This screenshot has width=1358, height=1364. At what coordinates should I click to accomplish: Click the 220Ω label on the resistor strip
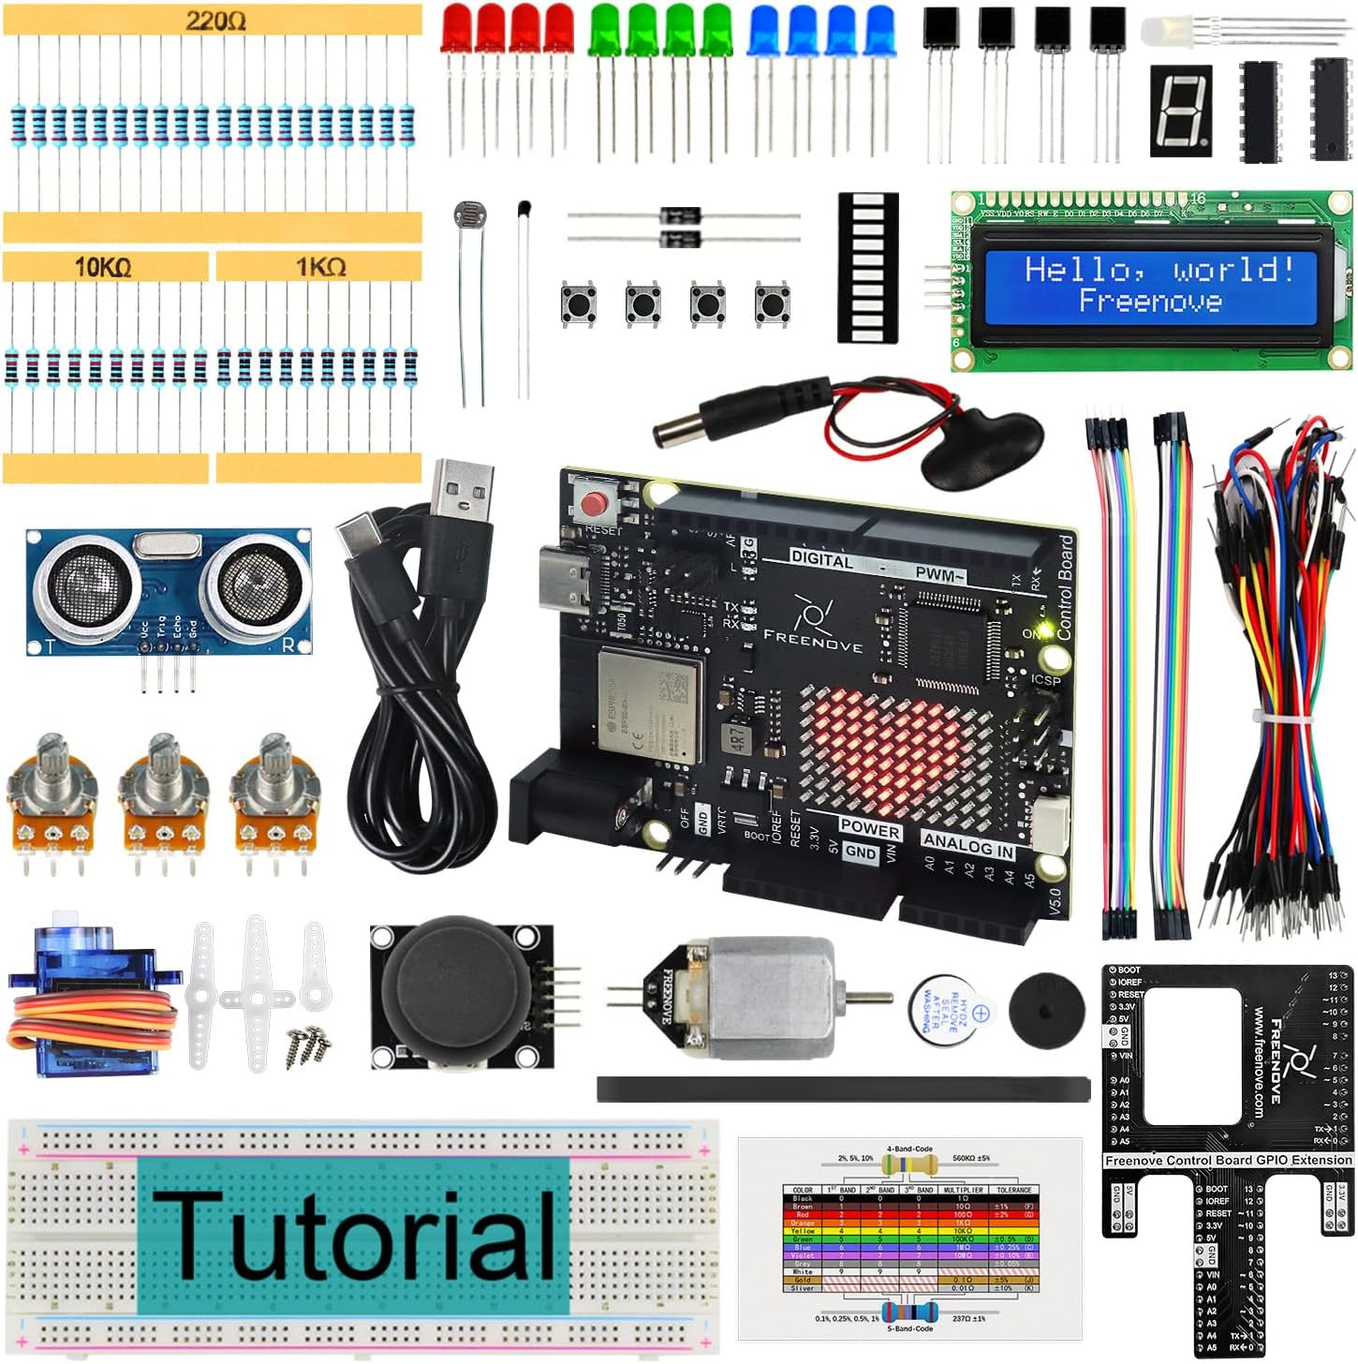click(x=215, y=21)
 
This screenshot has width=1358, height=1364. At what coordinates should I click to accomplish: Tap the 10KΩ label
click(x=103, y=268)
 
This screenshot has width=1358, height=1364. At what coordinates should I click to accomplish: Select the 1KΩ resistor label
click(x=320, y=268)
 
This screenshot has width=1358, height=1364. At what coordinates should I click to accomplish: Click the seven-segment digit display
click(x=1180, y=110)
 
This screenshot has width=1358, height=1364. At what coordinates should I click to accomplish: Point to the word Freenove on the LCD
click(x=1150, y=301)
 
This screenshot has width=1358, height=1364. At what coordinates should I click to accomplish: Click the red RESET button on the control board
click(x=594, y=504)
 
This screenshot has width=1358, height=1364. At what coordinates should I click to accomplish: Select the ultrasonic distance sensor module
click(x=169, y=590)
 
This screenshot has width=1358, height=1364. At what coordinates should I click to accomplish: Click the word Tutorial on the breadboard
click(x=354, y=1235)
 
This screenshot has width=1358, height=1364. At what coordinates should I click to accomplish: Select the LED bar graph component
click(x=867, y=267)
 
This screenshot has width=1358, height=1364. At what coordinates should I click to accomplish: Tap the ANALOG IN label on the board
click(x=968, y=843)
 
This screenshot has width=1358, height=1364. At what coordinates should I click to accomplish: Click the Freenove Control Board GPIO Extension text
click(x=1228, y=1160)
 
